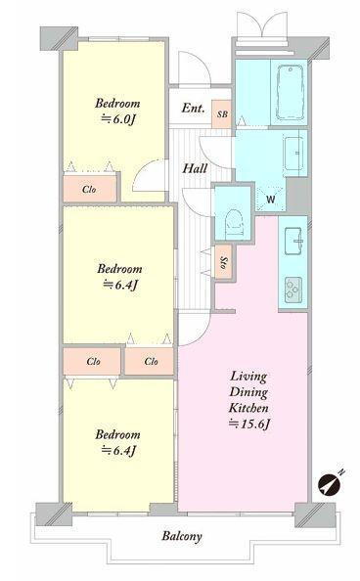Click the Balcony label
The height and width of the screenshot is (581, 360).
(182, 536)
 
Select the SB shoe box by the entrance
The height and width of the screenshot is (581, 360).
(222, 114)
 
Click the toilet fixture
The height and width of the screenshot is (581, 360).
(234, 221)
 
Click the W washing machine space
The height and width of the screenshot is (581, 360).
(271, 199)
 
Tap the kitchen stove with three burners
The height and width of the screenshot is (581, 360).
(293, 290)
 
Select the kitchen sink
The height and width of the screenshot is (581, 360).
(293, 242)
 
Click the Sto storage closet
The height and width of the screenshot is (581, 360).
(224, 263)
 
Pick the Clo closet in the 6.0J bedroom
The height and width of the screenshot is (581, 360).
(90, 190)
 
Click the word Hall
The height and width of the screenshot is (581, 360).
(195, 168)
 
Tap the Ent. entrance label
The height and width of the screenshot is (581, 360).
(193, 109)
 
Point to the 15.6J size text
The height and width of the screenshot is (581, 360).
(248, 424)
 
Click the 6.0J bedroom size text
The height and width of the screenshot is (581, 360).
(117, 119)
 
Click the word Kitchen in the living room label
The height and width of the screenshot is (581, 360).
(248, 408)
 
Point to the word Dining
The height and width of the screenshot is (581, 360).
(248, 392)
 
